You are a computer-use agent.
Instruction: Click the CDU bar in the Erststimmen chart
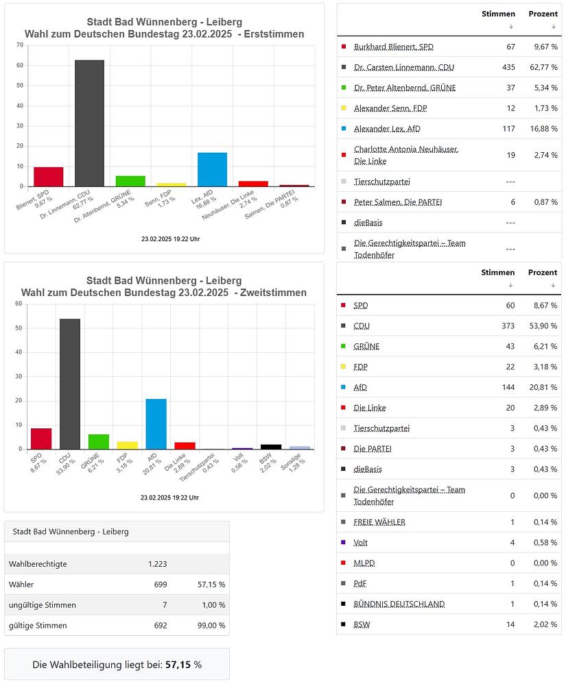89,123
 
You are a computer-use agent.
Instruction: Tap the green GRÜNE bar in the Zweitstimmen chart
98,441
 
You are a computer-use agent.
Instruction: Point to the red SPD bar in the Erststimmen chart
48,177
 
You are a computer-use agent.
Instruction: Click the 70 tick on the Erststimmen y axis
20,45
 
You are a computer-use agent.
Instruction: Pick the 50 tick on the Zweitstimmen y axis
20,328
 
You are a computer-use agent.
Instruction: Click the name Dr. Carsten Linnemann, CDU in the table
404,67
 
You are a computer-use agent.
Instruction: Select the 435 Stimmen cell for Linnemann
508,67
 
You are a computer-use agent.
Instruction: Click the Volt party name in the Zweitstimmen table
361,543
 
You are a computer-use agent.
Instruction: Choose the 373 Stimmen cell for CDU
508,326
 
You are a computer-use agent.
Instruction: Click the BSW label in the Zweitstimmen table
362,624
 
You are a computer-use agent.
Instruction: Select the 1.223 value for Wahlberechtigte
157,564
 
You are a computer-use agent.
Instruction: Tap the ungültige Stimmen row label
43,605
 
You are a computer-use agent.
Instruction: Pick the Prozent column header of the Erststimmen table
543,14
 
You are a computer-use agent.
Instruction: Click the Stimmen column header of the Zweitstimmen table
498,272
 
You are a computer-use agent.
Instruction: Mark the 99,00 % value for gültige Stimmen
209,626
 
